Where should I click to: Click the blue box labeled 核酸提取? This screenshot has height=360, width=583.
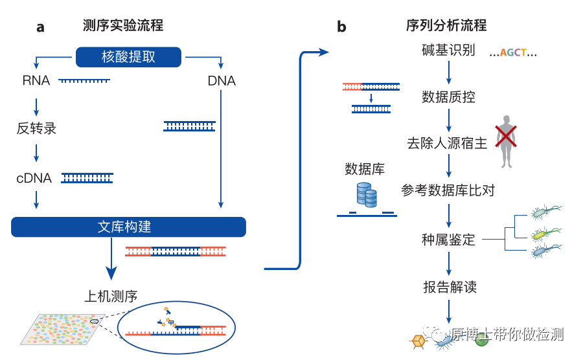pyautogui.click(x=128, y=57)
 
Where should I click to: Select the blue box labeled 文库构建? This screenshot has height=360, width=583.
pyautogui.click(x=128, y=227)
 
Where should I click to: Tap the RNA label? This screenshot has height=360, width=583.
pyautogui.click(x=36, y=81)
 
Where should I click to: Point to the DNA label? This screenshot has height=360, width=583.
pyautogui.click(x=222, y=81)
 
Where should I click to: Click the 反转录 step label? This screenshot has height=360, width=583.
pyautogui.click(x=36, y=128)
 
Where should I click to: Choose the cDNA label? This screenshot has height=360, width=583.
pyautogui.click(x=34, y=178)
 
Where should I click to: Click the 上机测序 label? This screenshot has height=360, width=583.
pyautogui.click(x=111, y=297)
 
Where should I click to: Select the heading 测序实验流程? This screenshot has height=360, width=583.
pyautogui.click(x=123, y=25)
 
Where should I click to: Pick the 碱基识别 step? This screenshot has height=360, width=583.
pyautogui.click(x=448, y=51)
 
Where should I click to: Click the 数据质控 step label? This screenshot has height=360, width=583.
pyautogui.click(x=448, y=97)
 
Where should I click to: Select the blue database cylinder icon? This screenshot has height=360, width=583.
pyautogui.click(x=367, y=195)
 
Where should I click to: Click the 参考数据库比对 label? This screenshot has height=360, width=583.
pyautogui.click(x=448, y=191)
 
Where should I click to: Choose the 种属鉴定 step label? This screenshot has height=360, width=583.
pyautogui.click(x=448, y=240)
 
